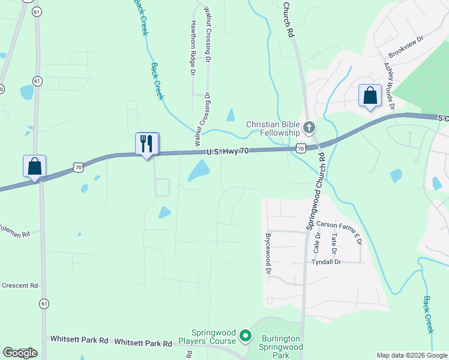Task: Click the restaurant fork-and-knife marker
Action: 147,144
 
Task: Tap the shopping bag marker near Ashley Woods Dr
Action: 370,95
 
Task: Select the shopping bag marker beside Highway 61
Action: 34,166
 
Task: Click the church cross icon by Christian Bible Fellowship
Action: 309,127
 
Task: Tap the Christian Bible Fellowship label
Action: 273,128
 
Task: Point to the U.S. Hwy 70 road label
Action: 227,152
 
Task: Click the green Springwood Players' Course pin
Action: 245,335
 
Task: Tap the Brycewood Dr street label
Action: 268,254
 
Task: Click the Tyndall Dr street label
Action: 326,262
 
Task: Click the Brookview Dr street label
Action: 406,46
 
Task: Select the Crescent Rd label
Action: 19,286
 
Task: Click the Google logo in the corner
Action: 19,353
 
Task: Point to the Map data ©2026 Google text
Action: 411,355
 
